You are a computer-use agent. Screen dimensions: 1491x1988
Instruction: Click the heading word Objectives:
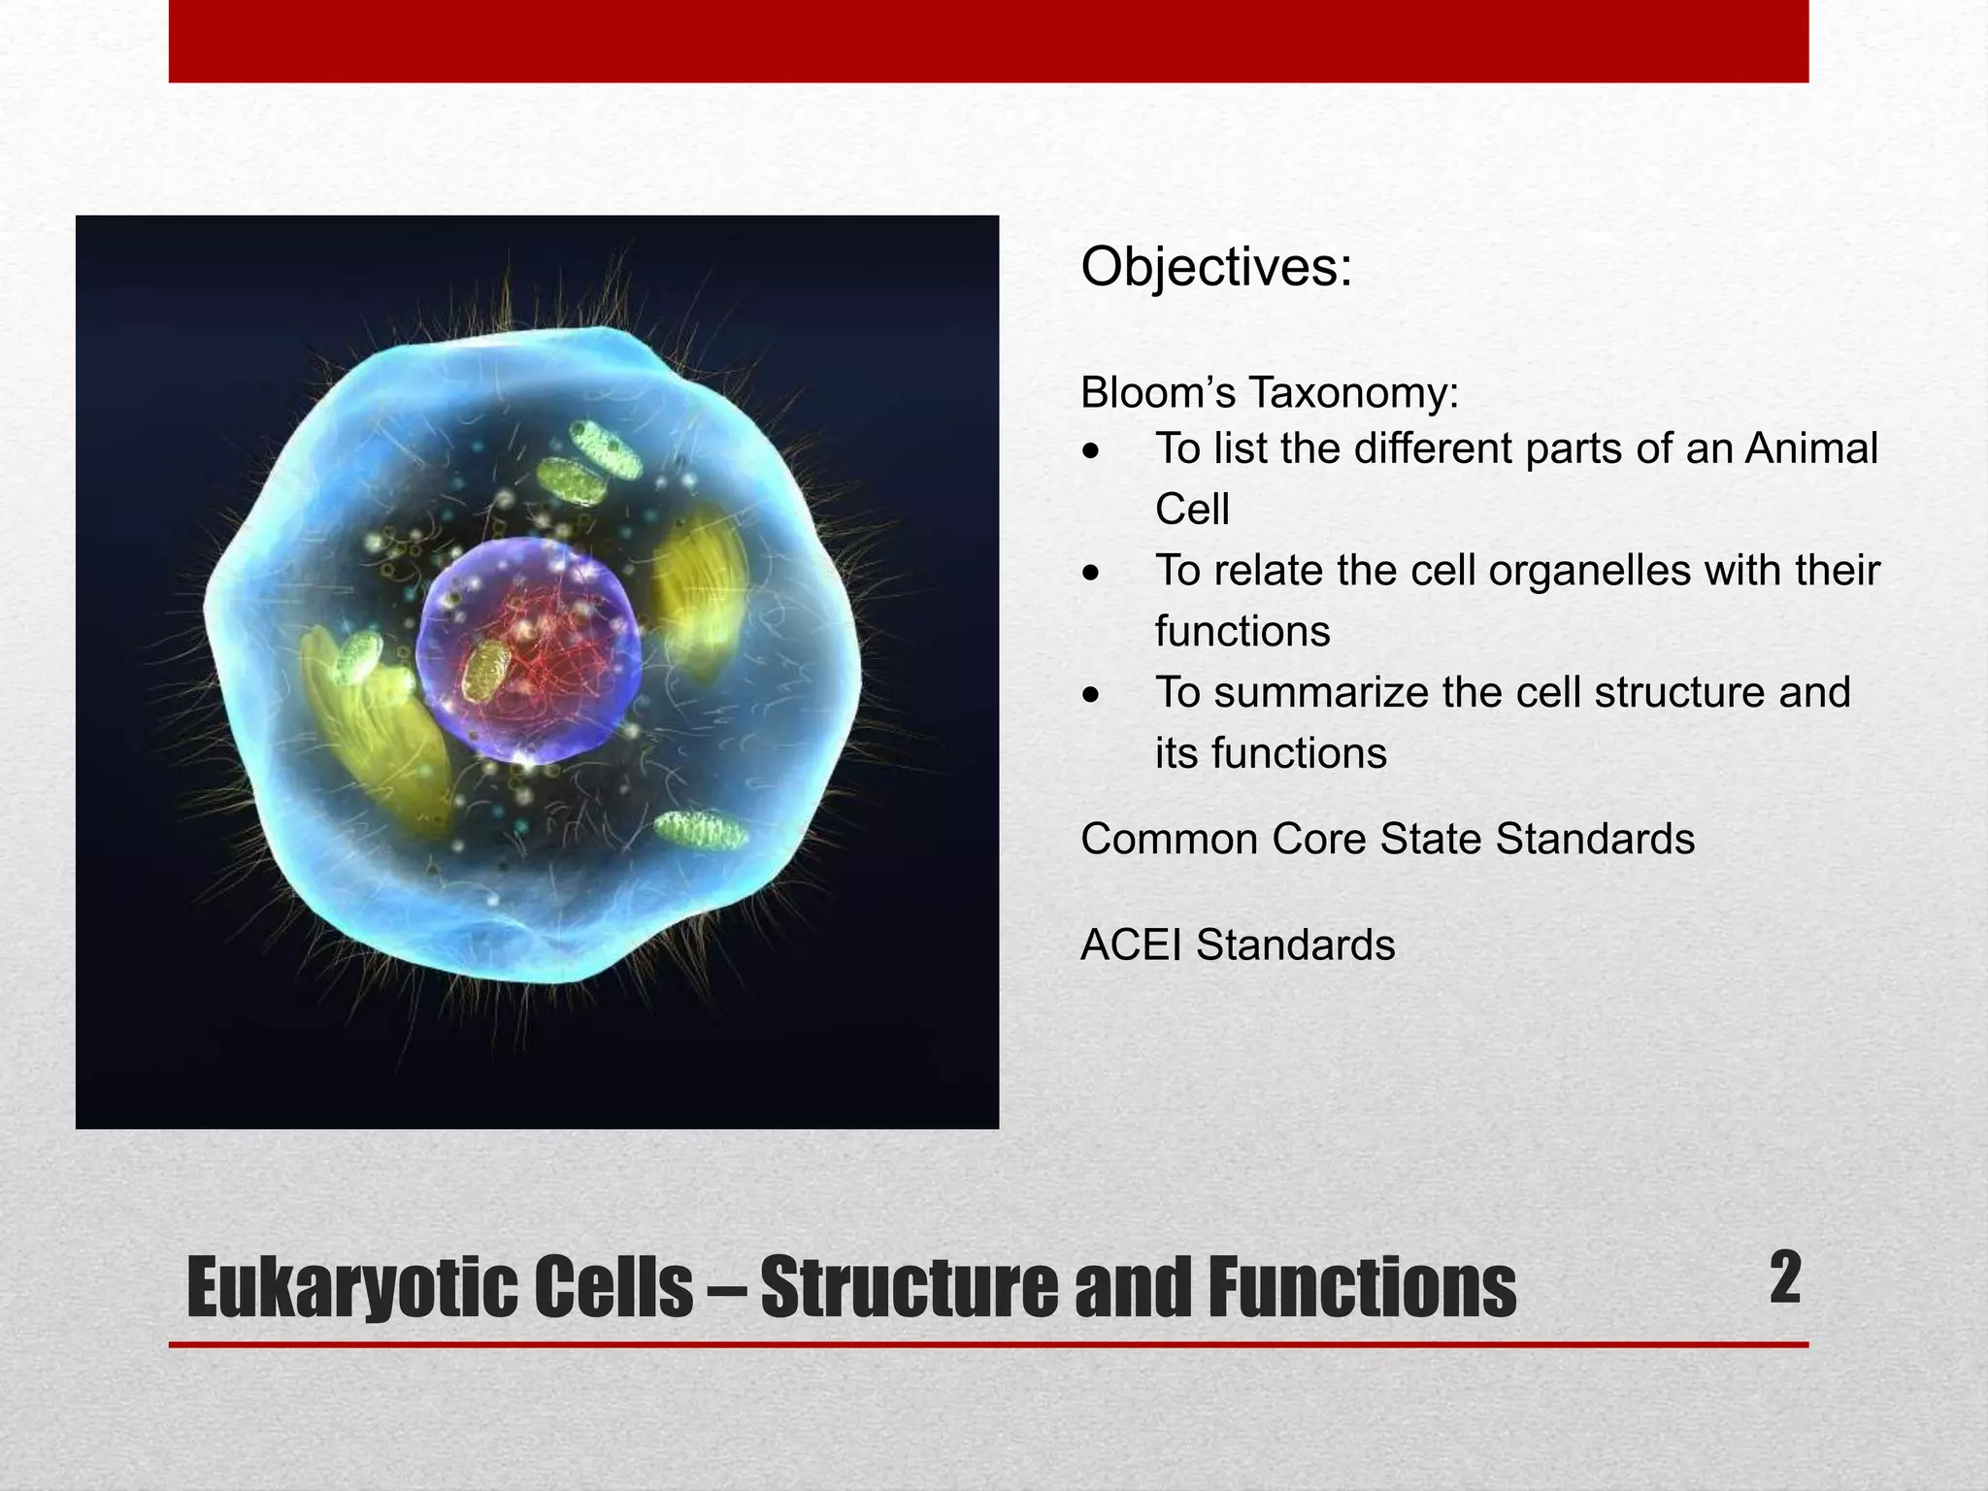(1216, 267)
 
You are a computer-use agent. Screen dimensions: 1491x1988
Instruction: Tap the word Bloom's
(1157, 393)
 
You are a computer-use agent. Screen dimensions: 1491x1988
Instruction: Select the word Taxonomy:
(1353, 393)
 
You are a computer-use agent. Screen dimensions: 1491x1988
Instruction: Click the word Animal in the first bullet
(1811, 449)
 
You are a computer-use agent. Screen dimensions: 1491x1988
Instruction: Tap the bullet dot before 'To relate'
(1093, 574)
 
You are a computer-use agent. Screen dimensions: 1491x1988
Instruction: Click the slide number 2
(1784, 1278)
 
